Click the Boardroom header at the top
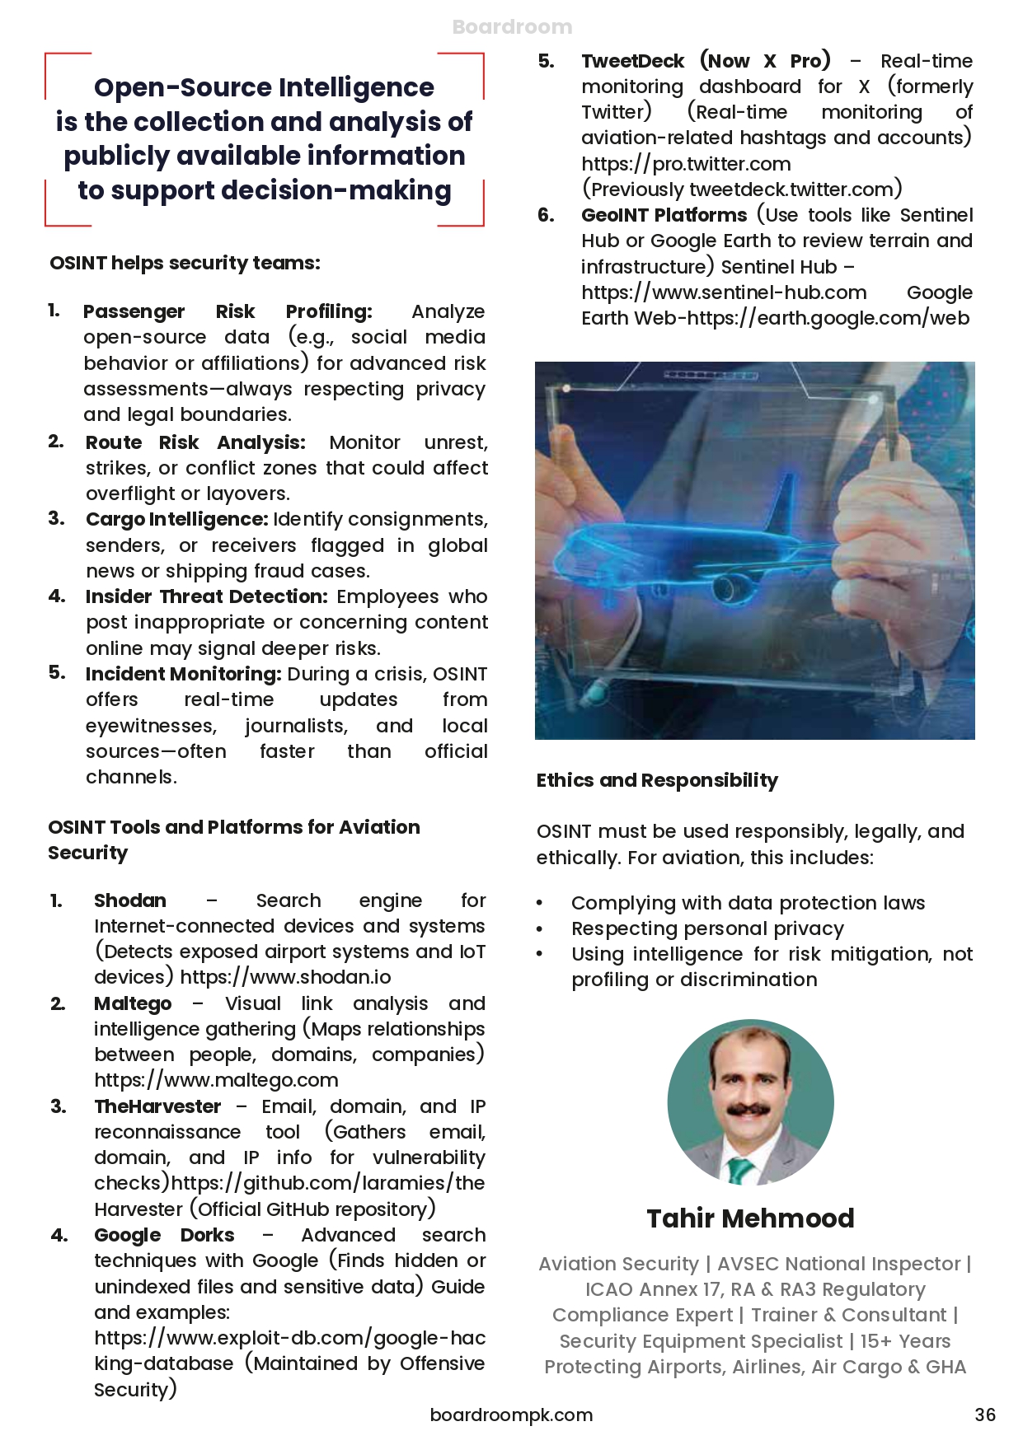pyautogui.click(x=512, y=27)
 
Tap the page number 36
pyautogui.click(x=985, y=1415)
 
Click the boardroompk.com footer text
pyautogui.click(x=511, y=1415)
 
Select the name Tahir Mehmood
pyautogui.click(x=750, y=1218)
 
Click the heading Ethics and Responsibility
pyautogui.click(x=657, y=780)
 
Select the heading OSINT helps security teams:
pyautogui.click(x=185, y=263)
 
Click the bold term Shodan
pyautogui.click(x=130, y=900)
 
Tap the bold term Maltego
pyautogui.click(x=133, y=1003)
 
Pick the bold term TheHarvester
pyautogui.click(x=157, y=1106)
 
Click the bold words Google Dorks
pyautogui.click(x=164, y=1235)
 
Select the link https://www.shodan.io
pyautogui.click(x=285, y=977)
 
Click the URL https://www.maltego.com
pyautogui.click(x=216, y=1079)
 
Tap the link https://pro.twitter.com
pyautogui.click(x=686, y=164)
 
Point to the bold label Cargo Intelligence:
pyautogui.click(x=177, y=519)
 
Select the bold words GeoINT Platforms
pyautogui.click(x=664, y=215)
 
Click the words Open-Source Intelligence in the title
pyautogui.click(x=264, y=87)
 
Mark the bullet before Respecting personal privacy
pyautogui.click(x=540, y=929)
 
